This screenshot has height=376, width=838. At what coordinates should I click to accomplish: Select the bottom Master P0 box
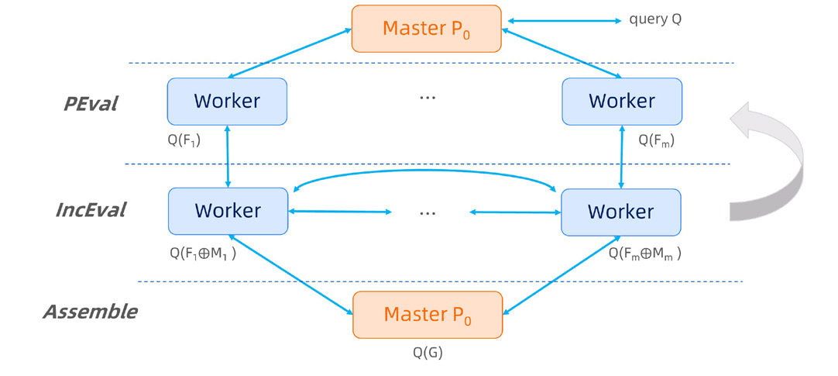tap(427, 314)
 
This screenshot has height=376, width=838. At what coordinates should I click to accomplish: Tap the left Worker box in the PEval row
tap(227, 101)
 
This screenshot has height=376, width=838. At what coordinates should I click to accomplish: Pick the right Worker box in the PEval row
tap(622, 101)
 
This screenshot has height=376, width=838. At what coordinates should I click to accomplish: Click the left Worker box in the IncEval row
tap(227, 211)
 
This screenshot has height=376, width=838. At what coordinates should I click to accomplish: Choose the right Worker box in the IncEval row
tap(620, 212)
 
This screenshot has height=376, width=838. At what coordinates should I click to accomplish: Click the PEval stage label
tap(91, 103)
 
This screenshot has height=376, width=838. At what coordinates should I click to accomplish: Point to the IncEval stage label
tap(91, 209)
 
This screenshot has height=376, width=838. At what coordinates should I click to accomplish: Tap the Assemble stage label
tap(90, 312)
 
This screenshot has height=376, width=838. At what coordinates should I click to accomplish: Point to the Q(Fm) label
tap(655, 140)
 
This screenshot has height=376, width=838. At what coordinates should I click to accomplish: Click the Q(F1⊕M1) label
tap(202, 252)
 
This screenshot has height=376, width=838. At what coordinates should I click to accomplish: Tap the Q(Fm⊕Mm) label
tap(644, 252)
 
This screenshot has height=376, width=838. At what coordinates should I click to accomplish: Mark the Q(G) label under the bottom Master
tap(427, 353)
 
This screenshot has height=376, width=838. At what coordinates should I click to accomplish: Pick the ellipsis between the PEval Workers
tap(427, 98)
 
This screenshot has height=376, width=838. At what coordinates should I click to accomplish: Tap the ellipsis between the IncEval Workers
tap(428, 212)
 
